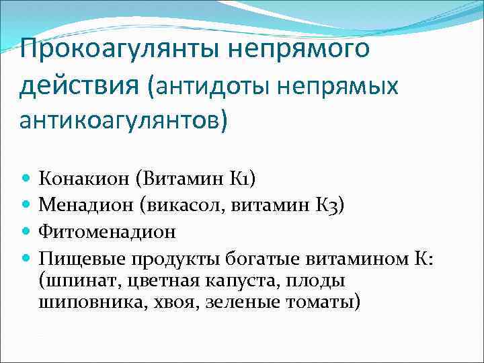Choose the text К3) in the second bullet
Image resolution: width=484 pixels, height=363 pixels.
(329, 205)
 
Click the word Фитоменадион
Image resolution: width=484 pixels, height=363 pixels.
(108, 232)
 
